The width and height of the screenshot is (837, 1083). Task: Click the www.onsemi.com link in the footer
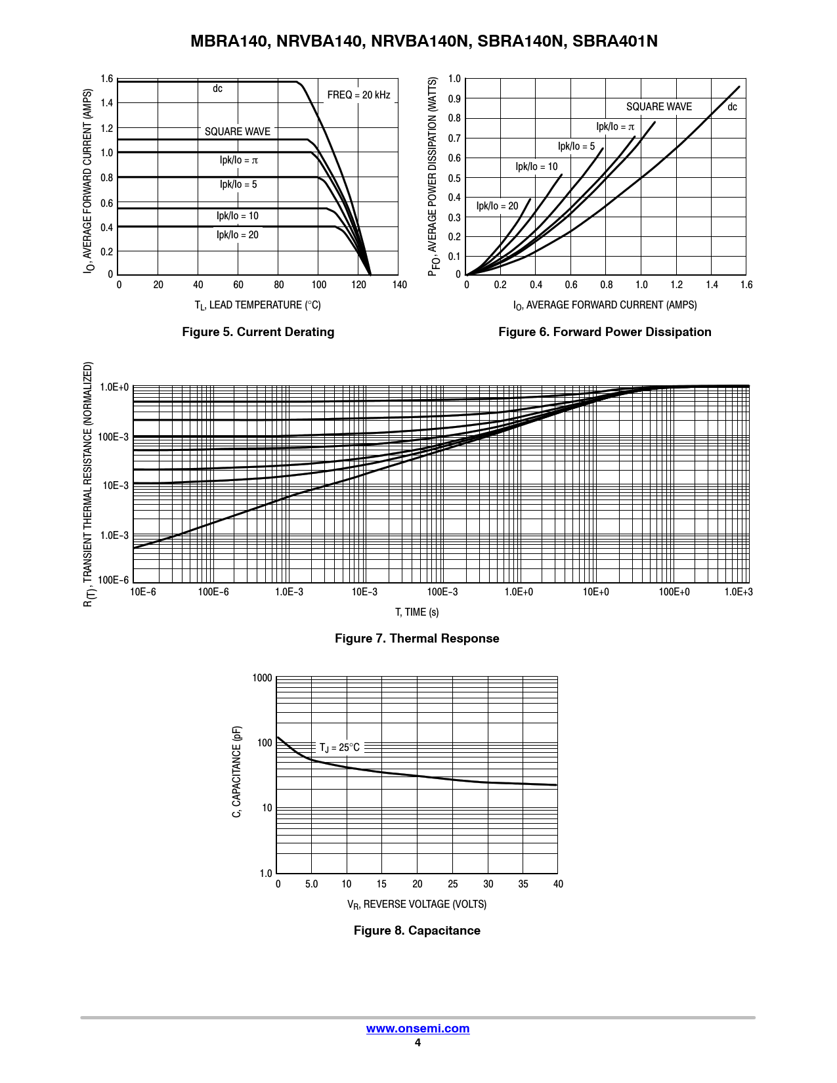click(x=418, y=1029)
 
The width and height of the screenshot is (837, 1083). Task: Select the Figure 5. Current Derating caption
click(x=258, y=332)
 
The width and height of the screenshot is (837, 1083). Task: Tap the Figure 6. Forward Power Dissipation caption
click(x=605, y=332)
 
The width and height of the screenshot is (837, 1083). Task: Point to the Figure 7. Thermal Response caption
click(x=417, y=639)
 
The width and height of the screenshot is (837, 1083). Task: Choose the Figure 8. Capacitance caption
click(x=417, y=931)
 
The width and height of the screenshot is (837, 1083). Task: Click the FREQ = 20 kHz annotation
click(x=358, y=95)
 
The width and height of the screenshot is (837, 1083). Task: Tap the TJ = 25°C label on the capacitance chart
click(x=339, y=748)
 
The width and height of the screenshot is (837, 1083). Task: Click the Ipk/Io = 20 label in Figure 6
click(x=497, y=206)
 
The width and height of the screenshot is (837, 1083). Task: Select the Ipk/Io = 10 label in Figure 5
click(x=238, y=216)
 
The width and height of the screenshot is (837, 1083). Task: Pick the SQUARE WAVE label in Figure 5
click(x=238, y=132)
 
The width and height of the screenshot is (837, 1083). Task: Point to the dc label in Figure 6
click(x=732, y=107)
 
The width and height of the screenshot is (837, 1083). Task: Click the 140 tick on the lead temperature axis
click(x=399, y=285)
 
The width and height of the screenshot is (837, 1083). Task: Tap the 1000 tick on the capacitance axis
click(x=262, y=678)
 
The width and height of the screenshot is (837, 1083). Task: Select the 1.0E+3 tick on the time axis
click(x=739, y=592)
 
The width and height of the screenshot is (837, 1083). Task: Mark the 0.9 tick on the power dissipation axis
click(x=454, y=99)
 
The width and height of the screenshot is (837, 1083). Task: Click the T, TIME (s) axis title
click(x=417, y=612)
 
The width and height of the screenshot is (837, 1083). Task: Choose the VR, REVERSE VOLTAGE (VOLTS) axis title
click(x=417, y=904)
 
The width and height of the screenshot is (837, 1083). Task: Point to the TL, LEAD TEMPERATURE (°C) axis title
click(x=258, y=305)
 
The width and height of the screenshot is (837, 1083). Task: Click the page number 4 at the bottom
click(x=418, y=1043)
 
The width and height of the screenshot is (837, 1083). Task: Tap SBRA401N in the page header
click(x=615, y=41)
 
